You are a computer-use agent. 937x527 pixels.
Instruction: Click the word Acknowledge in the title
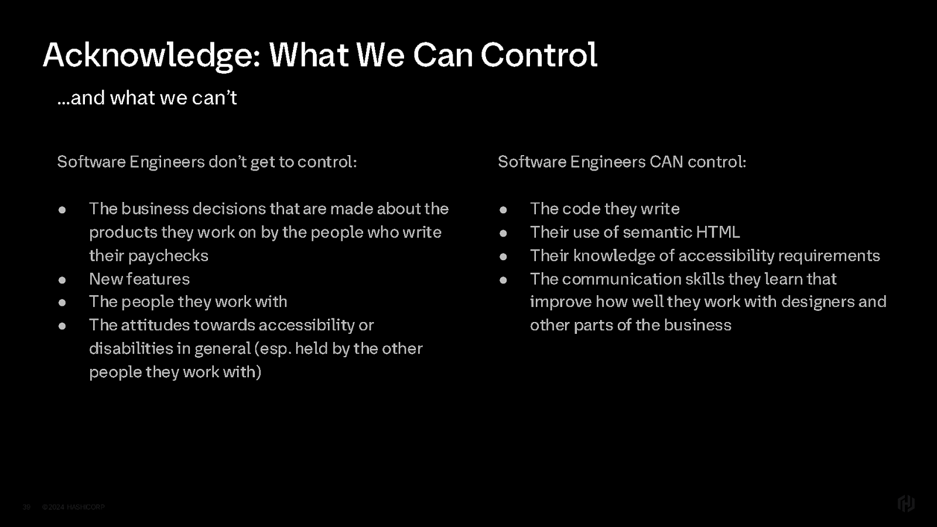tap(152, 56)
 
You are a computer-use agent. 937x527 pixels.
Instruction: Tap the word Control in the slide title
tap(539, 54)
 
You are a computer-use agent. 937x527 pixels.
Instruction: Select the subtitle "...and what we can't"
tap(147, 98)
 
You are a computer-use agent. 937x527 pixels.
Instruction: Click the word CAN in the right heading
tap(666, 162)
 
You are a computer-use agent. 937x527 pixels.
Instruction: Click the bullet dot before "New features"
tap(62, 280)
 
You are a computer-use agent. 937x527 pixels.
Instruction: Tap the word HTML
tap(718, 232)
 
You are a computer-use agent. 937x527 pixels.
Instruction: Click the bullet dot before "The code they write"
tap(503, 210)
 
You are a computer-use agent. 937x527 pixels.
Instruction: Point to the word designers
tap(818, 302)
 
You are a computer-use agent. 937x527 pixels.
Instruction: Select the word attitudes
tap(155, 325)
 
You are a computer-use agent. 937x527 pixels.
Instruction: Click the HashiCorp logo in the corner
tap(906, 503)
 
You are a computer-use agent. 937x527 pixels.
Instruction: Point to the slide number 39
tap(26, 507)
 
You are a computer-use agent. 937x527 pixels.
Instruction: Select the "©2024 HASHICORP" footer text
tap(73, 507)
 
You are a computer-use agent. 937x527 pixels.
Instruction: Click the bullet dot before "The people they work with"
tap(62, 302)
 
